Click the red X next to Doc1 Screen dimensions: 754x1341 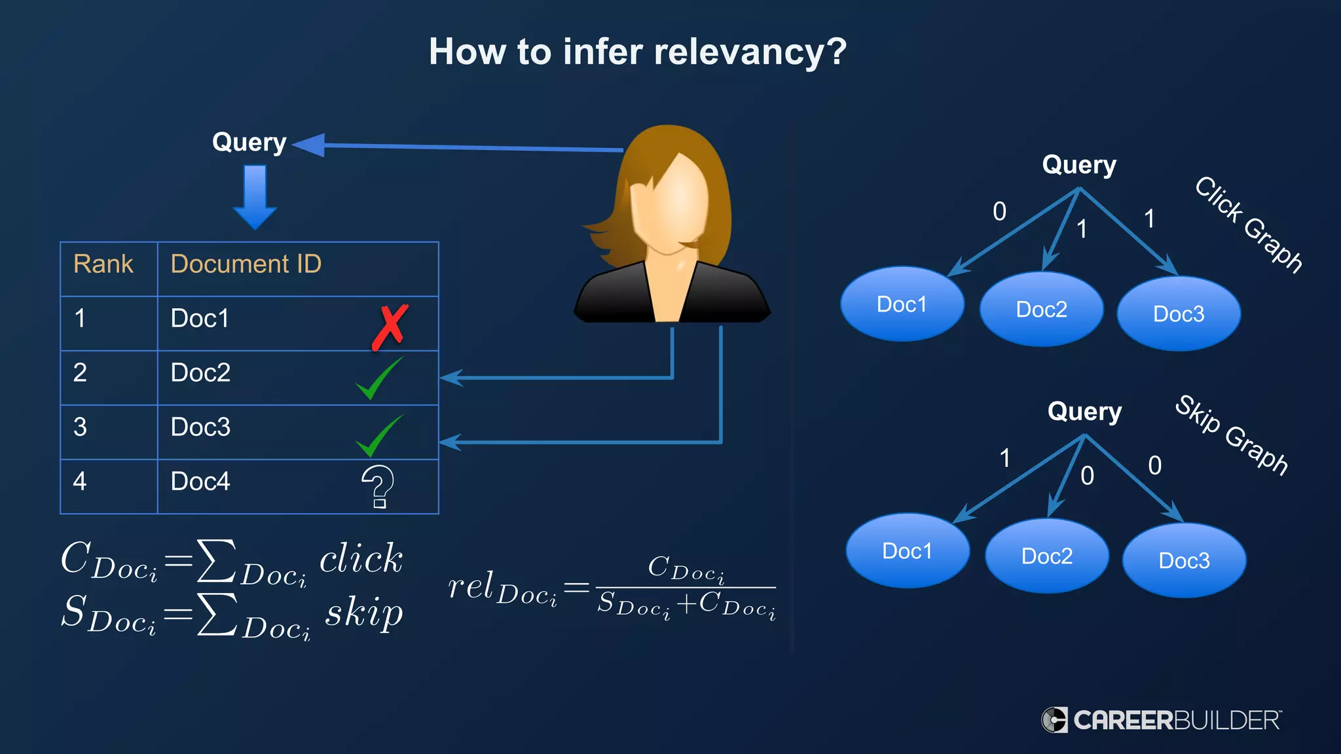click(390, 327)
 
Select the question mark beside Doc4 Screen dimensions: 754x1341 click(378, 486)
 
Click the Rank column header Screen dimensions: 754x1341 click(103, 264)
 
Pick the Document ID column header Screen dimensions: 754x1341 click(246, 264)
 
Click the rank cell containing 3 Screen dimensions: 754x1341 click(80, 427)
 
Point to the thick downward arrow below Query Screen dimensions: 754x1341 click(255, 196)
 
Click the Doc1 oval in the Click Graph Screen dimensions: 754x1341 click(902, 304)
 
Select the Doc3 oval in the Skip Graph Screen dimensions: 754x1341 click(1184, 560)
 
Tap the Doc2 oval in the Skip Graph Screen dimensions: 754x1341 click(1046, 556)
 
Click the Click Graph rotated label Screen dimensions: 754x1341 click(1248, 224)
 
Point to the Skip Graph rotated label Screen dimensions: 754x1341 click(1232, 435)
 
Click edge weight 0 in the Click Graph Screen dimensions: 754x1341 click(999, 211)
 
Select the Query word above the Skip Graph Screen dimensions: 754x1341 click(1084, 412)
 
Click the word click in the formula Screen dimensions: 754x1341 click(361, 559)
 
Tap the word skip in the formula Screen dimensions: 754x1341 click(363, 614)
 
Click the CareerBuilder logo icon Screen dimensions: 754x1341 click(1054, 720)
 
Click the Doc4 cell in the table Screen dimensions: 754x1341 click(200, 482)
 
